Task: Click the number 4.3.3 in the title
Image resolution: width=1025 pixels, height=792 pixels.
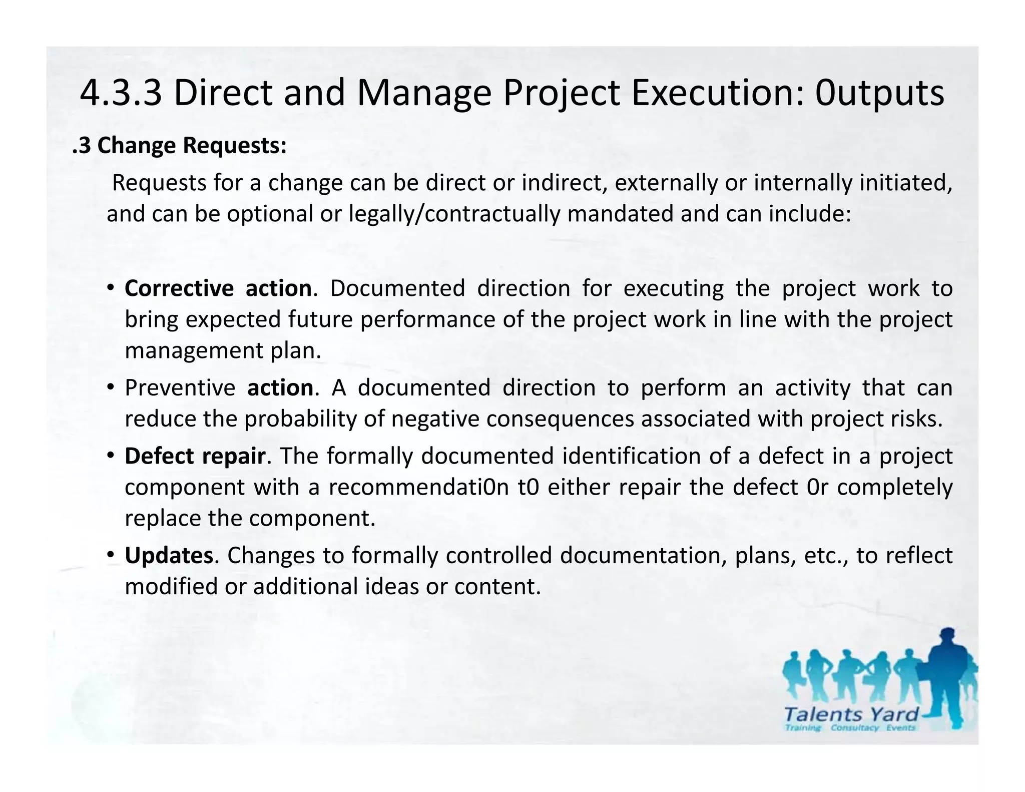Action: pos(121,93)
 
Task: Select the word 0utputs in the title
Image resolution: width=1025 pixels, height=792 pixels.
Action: pos(880,94)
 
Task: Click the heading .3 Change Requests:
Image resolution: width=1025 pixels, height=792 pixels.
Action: pos(180,146)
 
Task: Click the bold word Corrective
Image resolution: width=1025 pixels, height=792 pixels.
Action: pos(179,288)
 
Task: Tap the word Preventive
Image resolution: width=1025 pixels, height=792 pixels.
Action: pos(180,388)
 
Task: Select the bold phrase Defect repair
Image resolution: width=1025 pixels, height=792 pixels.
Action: pos(195,456)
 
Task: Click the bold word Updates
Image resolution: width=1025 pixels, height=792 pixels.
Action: pos(169,555)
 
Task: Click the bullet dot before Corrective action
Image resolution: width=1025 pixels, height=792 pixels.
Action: pos(111,288)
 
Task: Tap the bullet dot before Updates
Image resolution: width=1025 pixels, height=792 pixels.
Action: pos(111,555)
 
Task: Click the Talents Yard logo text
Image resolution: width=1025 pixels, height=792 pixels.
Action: pos(851,714)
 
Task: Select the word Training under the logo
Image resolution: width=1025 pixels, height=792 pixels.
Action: pos(803,728)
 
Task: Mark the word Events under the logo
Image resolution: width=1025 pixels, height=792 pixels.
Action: pos(900,728)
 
